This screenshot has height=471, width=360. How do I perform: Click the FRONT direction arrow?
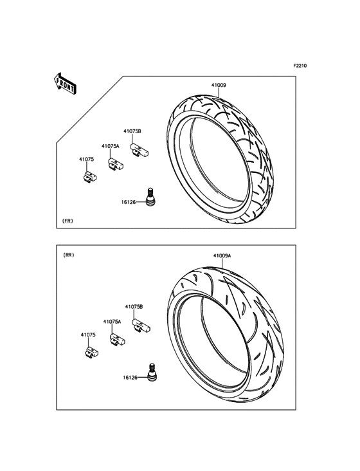(x=65, y=84)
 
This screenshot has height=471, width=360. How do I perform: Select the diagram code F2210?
(x=300, y=66)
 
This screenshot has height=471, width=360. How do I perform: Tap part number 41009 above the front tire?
(x=219, y=86)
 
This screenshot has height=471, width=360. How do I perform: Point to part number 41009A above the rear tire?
(x=222, y=255)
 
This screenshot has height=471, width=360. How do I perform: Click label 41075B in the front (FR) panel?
(x=132, y=131)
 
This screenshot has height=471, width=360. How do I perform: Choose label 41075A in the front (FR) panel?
(x=111, y=146)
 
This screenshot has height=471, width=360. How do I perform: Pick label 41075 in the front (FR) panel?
(x=86, y=160)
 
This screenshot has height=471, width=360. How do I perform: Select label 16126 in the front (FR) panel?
(x=129, y=202)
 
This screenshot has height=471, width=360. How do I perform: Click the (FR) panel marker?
(x=67, y=221)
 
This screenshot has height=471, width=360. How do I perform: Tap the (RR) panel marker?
(x=69, y=255)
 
